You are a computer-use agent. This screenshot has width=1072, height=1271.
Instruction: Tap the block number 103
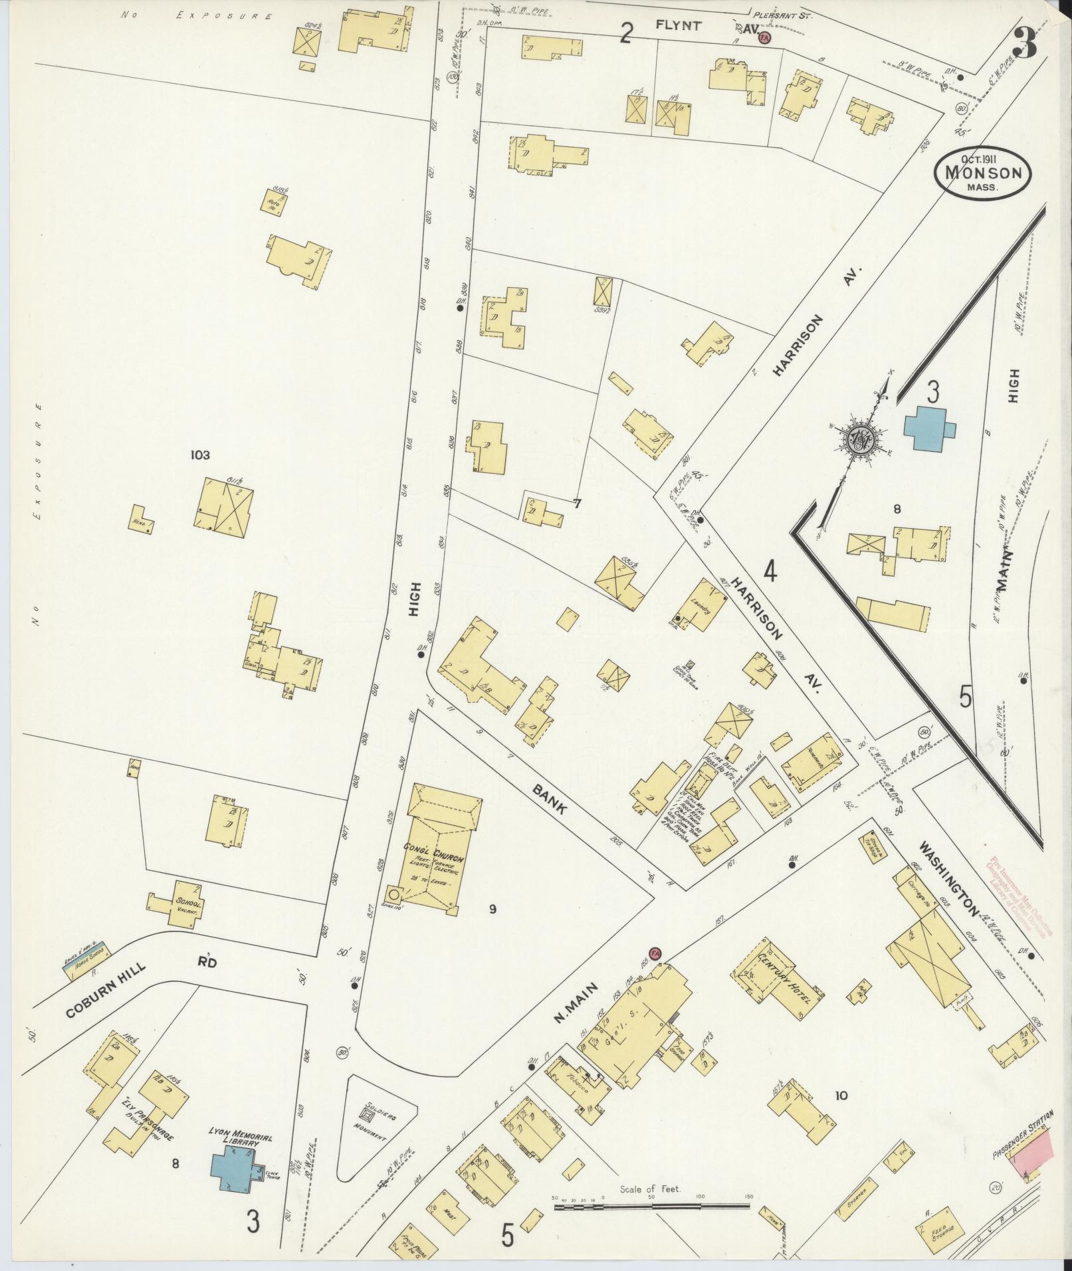coord(199,454)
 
